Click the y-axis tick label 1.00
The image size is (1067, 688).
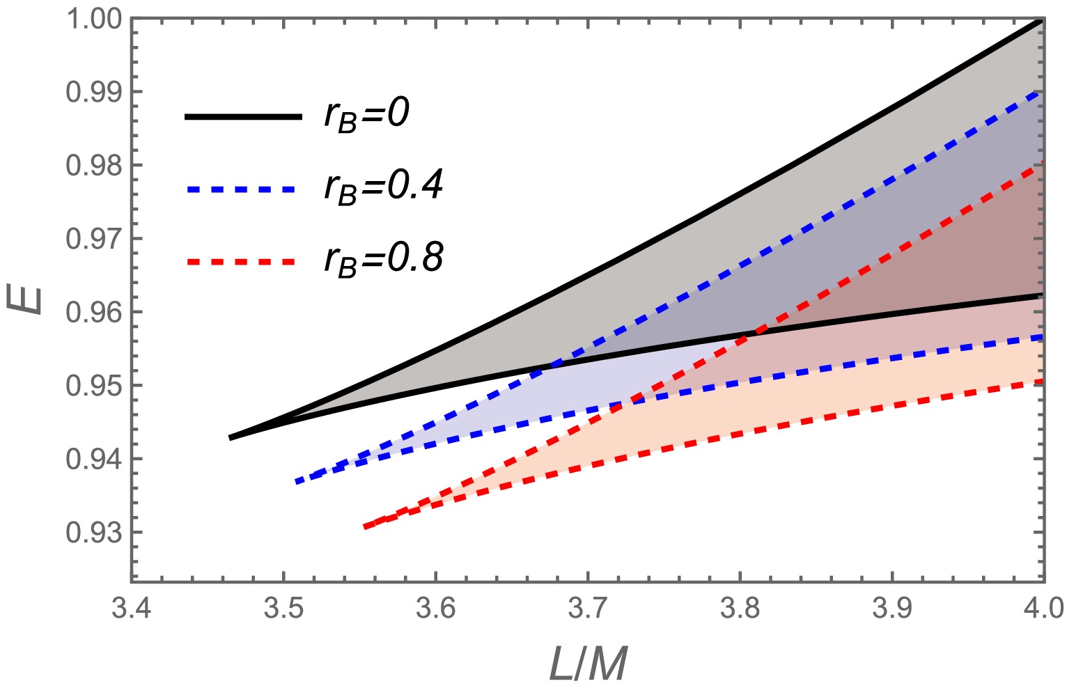point(93,19)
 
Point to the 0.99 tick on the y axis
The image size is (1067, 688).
point(93,92)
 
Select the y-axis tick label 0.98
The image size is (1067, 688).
point(93,166)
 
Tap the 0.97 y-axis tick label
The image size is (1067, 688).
point(93,239)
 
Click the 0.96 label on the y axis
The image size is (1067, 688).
point(93,312)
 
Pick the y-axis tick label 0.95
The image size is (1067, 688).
point(93,385)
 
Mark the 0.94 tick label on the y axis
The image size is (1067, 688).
point(93,459)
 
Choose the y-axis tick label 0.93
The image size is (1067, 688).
point(93,532)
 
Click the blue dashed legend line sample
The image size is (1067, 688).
point(244,189)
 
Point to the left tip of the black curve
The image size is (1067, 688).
point(231,437)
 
